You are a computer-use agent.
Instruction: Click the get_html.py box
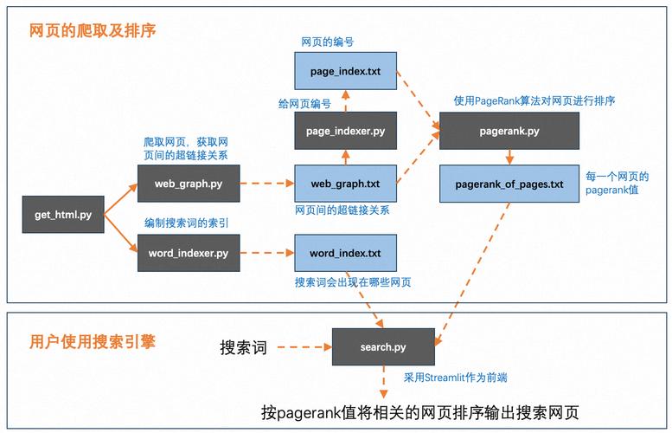[63, 215]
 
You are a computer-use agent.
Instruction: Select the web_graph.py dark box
[188, 184]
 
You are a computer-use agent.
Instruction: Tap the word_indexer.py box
[188, 253]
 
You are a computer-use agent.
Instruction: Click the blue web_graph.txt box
[345, 184]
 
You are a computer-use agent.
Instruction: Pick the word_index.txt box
[345, 253]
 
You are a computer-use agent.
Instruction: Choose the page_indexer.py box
[345, 131]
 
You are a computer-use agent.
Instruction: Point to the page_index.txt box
[345, 69]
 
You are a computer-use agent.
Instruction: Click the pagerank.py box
[509, 131]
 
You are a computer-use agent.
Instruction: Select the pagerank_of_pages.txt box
[509, 184]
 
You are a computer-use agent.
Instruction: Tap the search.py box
[382, 347]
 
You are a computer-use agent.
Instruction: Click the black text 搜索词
[243, 347]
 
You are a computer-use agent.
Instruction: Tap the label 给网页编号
[304, 103]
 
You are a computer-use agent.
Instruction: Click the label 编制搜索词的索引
[186, 223]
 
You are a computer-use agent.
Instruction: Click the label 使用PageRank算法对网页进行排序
[534, 101]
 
